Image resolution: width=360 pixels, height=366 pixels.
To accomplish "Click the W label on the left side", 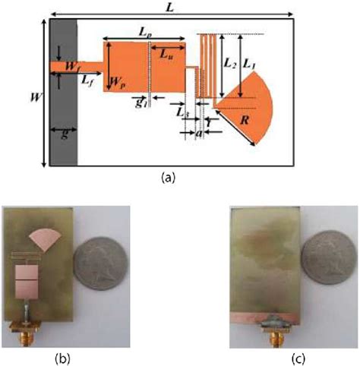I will [x=31, y=97].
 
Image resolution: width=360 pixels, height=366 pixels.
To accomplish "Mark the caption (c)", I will [x=267, y=354].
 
